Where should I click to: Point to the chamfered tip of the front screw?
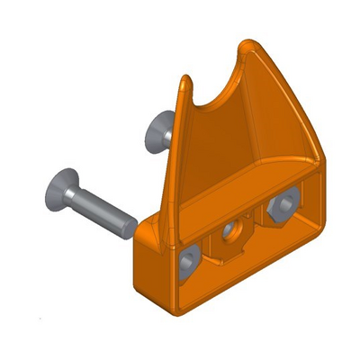[126, 225]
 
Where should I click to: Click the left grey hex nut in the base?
[189, 261]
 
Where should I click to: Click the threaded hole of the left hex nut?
[189, 262]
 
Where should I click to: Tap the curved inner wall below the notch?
[216, 144]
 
